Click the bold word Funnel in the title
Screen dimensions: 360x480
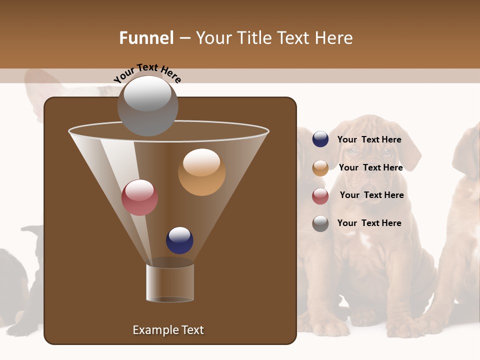click(146, 38)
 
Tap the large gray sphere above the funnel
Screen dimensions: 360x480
click(147, 105)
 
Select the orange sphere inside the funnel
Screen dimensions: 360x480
click(201, 172)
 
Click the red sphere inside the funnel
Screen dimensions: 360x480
click(139, 197)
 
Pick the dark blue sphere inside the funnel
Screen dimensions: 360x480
click(179, 240)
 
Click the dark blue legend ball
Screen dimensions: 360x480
click(320, 139)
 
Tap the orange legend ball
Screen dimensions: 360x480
click(320, 168)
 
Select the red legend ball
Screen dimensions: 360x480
click(320, 196)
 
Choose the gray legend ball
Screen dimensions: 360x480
click(320, 223)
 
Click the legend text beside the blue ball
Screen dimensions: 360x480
click(369, 140)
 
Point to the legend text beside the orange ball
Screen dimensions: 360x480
click(370, 168)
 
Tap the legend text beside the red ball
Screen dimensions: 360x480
click(371, 195)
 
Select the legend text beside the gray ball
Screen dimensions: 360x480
click(369, 223)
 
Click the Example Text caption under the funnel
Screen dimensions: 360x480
click(168, 330)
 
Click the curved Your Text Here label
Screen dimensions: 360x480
click(147, 73)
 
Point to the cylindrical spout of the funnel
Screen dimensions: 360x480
click(170, 282)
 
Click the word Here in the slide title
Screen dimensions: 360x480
click(334, 38)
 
